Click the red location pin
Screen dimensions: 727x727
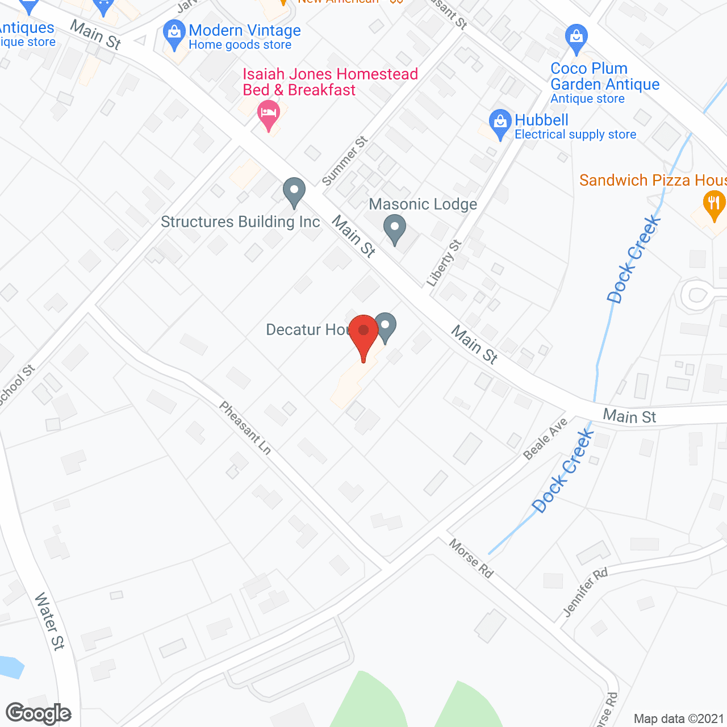[x=363, y=332]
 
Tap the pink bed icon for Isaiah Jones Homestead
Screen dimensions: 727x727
[x=269, y=112]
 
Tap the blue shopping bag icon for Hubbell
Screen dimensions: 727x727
[x=500, y=122]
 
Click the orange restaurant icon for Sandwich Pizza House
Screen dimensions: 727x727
[x=714, y=203]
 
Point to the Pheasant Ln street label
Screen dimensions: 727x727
[x=245, y=428]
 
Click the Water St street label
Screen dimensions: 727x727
[x=49, y=621]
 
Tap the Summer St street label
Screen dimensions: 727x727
[x=345, y=161]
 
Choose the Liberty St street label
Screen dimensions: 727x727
[x=444, y=263]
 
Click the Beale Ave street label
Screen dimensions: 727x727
[x=545, y=438]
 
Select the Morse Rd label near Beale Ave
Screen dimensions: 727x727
[x=471, y=558]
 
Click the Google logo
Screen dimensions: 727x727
[x=39, y=713]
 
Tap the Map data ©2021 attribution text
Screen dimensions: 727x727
[x=679, y=719]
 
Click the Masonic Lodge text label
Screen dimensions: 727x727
[x=423, y=204]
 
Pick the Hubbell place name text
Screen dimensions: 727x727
[x=541, y=120]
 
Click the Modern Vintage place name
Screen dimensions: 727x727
[x=245, y=31]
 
